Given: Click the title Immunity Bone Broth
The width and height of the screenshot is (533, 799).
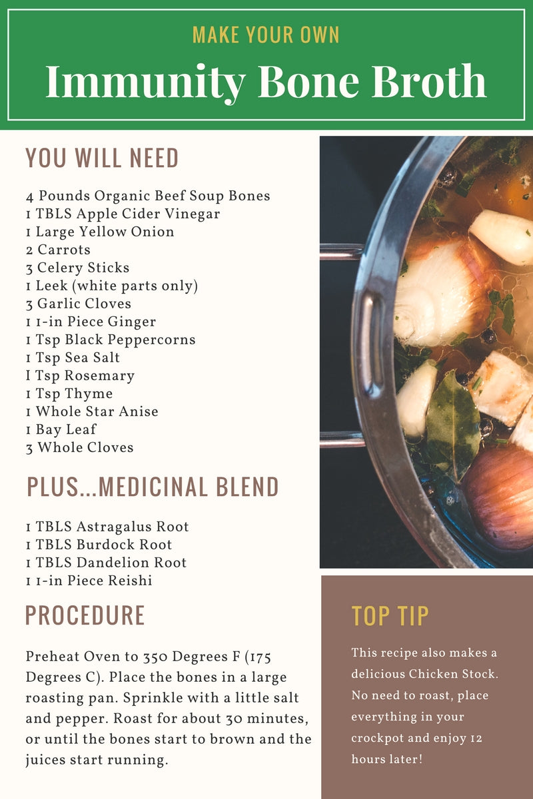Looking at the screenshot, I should point(266,81).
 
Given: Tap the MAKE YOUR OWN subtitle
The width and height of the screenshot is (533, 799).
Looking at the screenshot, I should point(266,35).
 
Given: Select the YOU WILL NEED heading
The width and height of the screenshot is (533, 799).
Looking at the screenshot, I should point(102,158).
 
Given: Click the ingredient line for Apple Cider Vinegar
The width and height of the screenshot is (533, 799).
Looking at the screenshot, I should point(123,214).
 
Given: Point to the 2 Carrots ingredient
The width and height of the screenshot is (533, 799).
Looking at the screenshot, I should point(58,250).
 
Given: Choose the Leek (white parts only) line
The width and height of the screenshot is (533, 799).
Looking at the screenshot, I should point(112,286).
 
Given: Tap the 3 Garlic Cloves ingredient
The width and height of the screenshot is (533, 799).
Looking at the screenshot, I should point(79,304).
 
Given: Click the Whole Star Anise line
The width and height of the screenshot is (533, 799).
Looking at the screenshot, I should point(92,411).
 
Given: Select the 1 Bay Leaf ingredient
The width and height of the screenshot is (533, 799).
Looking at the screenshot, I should point(61,429).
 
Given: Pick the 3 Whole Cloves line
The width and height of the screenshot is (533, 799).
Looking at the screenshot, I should point(79,447).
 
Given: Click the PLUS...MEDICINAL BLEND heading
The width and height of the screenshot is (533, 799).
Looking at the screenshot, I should point(153,487).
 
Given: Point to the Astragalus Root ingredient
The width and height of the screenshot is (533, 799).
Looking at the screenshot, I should point(107,527).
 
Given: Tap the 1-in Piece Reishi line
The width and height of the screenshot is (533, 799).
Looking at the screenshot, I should point(89,581).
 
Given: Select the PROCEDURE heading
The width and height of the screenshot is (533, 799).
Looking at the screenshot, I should point(85,615).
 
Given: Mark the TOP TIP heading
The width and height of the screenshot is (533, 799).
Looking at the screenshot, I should point(390,617).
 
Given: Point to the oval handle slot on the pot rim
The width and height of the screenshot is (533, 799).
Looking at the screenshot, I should point(368,346).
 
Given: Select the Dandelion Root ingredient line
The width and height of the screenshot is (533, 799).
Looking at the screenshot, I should point(106,563).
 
